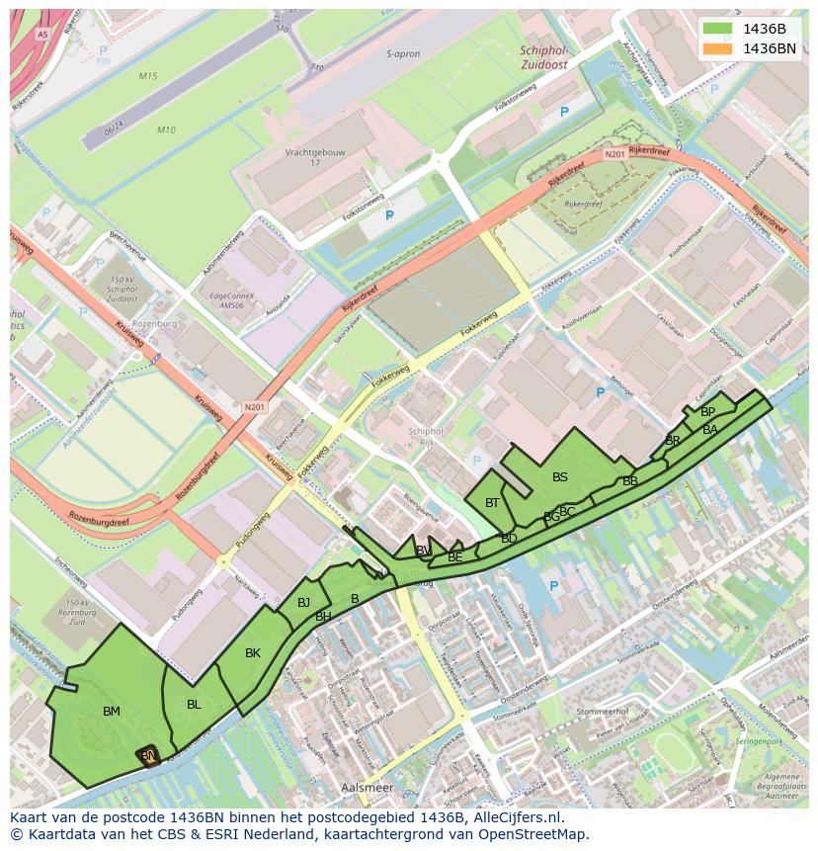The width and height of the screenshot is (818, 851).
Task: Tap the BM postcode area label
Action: click(112, 711)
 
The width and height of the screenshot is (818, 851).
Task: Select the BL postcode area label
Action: click(194, 704)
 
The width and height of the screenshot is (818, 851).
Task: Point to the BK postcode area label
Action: click(253, 652)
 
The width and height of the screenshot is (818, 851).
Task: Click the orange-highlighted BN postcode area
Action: click(148, 755)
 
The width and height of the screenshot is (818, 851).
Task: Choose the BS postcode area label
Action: click(560, 477)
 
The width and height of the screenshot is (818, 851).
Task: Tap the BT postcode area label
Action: click(492, 503)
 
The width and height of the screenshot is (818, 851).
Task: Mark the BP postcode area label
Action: click(707, 412)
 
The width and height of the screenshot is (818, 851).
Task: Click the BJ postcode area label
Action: click(303, 603)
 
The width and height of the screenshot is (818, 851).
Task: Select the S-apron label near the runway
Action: click(404, 54)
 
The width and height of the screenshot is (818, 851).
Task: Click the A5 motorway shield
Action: click(42, 35)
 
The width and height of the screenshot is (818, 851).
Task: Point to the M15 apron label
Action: click(148, 76)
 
